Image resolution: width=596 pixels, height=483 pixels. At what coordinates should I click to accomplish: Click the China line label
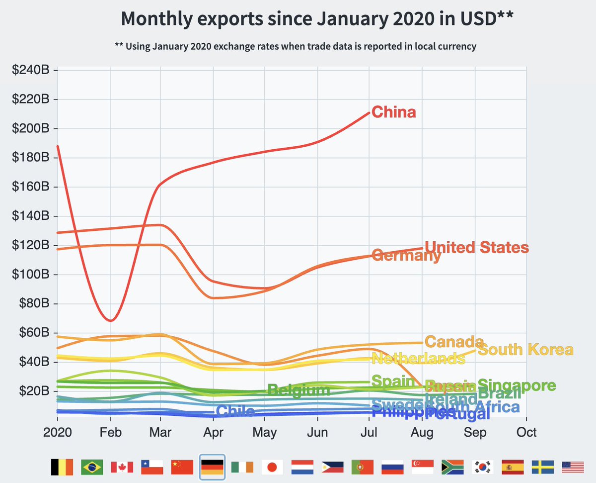(393, 112)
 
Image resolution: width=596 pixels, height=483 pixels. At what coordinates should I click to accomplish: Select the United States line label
(477, 247)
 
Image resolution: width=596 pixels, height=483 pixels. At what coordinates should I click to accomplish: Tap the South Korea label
(525, 349)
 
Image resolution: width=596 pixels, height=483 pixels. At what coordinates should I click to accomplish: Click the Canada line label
(454, 342)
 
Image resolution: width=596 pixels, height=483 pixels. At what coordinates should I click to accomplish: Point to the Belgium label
(298, 390)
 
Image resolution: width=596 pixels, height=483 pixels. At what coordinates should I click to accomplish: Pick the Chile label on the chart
(235, 411)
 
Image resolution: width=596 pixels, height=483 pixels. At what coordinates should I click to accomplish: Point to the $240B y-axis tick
(31, 71)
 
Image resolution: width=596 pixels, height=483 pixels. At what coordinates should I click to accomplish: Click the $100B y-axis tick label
(31, 275)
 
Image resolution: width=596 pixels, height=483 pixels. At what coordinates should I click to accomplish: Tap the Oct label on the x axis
(526, 432)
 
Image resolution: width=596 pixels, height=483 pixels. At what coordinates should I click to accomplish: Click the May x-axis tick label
(265, 432)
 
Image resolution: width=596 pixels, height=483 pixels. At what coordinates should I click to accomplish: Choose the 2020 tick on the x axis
(58, 432)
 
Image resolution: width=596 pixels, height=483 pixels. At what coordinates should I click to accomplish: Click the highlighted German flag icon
(213, 467)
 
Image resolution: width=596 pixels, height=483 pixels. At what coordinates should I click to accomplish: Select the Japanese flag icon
(272, 467)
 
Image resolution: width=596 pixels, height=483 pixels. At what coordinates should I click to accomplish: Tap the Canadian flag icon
(122, 467)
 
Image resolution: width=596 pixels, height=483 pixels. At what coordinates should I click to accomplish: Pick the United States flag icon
(573, 467)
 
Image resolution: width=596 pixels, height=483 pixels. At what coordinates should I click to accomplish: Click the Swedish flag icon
(543, 467)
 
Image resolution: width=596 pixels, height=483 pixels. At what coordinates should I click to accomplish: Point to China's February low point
(110, 320)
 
